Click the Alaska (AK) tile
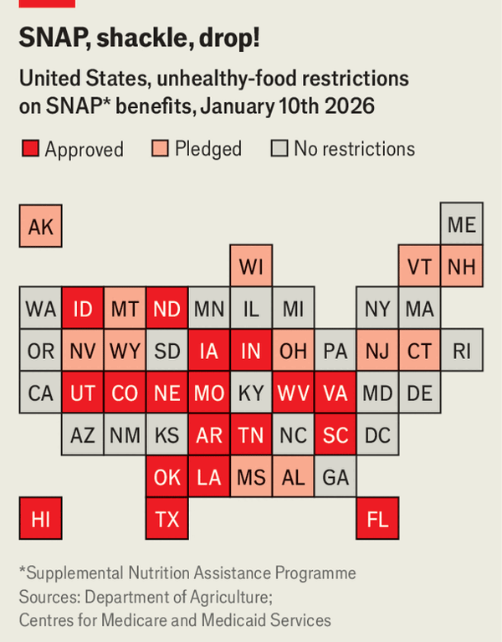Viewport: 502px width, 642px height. click(40, 226)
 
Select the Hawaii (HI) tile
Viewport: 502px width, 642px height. click(40, 519)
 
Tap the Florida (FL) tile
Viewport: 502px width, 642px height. click(377, 519)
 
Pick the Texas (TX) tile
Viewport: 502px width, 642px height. click(167, 519)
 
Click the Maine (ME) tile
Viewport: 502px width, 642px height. click(462, 224)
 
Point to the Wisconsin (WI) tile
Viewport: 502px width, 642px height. click(251, 267)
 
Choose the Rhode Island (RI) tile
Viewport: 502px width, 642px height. click(462, 351)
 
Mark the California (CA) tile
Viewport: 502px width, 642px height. click(40, 393)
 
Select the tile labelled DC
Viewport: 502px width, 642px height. click(377, 434)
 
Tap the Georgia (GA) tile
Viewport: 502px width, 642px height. click(336, 477)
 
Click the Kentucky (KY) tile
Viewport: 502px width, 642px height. click(251, 393)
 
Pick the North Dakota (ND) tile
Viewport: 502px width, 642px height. click(167, 309)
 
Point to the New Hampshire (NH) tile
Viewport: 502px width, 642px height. click(462, 267)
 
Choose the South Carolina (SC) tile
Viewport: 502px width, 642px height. click(336, 434)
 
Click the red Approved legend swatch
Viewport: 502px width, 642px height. click(30, 150)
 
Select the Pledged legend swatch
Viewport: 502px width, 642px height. click(160, 150)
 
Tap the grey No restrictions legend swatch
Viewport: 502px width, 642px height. click(279, 150)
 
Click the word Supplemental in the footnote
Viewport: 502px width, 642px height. click(73, 573)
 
